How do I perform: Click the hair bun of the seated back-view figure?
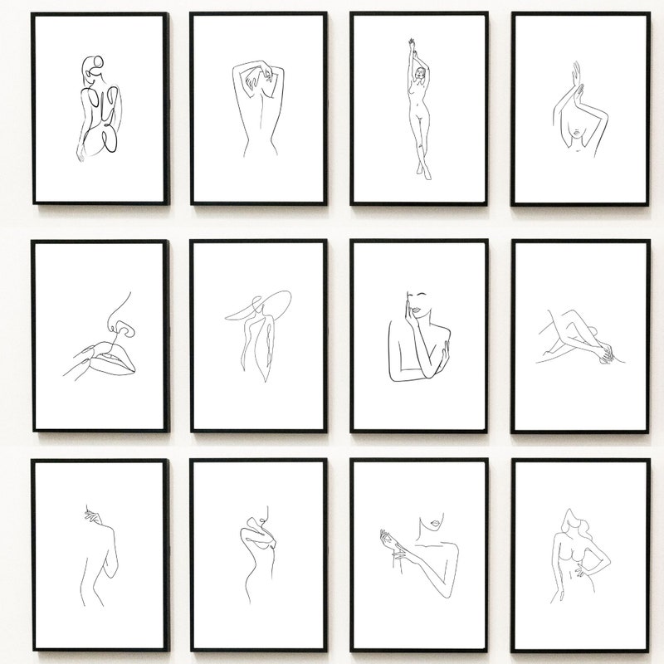pyautogui.click(x=93, y=64)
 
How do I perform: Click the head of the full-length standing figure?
pyautogui.click(x=421, y=75)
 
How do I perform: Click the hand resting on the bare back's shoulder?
pyautogui.click(x=93, y=517)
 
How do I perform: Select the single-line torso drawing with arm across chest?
pyautogui.click(x=257, y=548)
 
